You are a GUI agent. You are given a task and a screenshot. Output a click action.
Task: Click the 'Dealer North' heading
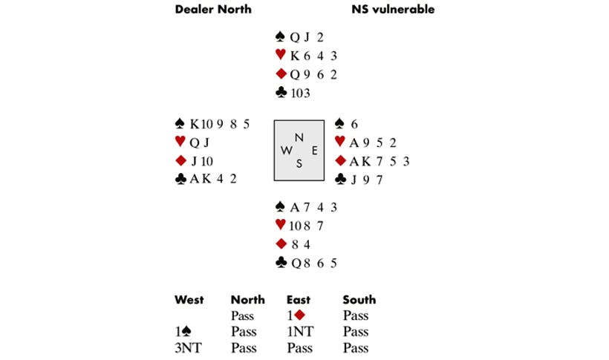coord(213,10)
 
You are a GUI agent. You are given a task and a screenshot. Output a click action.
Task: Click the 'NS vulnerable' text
coord(393,10)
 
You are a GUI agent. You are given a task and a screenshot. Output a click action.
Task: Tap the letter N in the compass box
coord(299,137)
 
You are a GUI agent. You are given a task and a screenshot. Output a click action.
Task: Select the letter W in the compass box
coord(286,150)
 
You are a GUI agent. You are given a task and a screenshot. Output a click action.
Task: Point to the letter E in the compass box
coord(315,150)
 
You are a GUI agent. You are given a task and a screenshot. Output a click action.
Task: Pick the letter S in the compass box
coord(299,163)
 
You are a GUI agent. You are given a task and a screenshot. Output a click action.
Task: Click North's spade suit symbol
coord(280,37)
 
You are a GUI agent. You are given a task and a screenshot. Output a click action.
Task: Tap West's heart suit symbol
coord(180,141)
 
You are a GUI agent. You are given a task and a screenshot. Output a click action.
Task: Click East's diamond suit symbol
coord(341,160)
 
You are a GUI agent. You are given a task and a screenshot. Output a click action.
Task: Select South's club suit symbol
coord(281,263)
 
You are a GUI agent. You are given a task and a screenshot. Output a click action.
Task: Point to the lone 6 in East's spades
coord(354,124)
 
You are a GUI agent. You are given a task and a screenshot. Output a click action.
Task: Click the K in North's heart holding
coord(295,56)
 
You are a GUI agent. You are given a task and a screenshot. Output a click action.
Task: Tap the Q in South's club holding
coord(296,264)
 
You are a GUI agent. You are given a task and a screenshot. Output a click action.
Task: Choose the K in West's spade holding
coord(195,124)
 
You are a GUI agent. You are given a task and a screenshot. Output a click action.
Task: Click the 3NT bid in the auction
coord(189,348)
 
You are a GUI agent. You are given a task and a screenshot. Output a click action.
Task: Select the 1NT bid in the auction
coord(301,332)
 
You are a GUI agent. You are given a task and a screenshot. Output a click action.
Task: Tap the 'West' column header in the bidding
coord(189,300)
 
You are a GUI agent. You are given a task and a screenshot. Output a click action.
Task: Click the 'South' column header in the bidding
coord(359,300)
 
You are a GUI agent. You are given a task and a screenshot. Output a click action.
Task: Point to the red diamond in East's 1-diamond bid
coord(299,315)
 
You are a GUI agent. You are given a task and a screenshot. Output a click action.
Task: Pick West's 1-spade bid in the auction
coord(183,332)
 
